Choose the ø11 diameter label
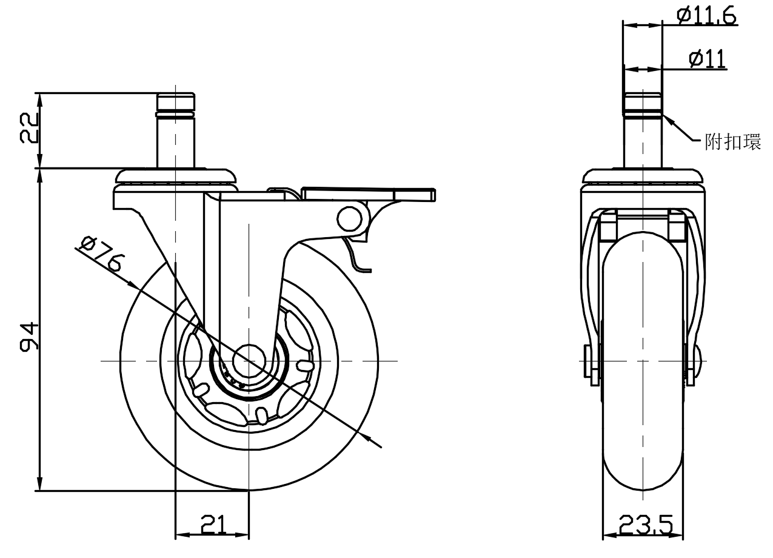[x=707, y=59]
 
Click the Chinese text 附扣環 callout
[x=732, y=143]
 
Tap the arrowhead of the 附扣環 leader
[x=667, y=118]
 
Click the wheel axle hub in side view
[x=249, y=361]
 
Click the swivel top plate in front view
[x=644, y=176]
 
